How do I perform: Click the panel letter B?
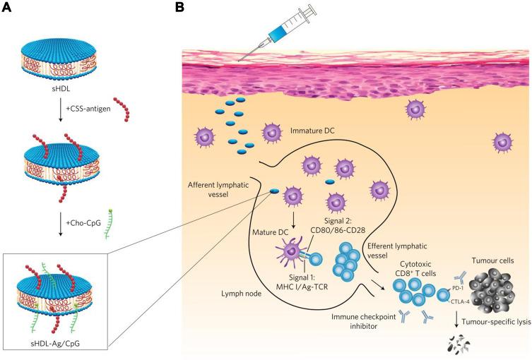pyautogui.click(x=179, y=8)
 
